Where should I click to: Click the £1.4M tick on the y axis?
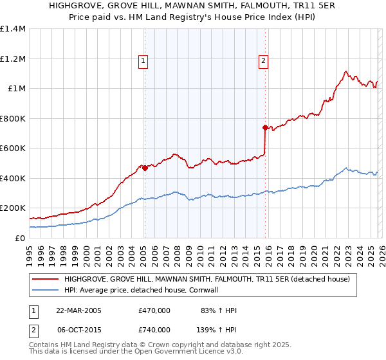tap(13, 29)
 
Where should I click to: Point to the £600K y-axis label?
tap(13, 148)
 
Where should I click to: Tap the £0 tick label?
tap(19, 238)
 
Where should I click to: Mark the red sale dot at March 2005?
tap(145, 168)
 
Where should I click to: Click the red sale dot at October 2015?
tap(265, 127)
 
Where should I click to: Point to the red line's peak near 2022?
tap(346, 71)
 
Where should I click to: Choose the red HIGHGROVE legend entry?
tap(207, 279)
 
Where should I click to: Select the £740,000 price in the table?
tap(154, 329)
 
